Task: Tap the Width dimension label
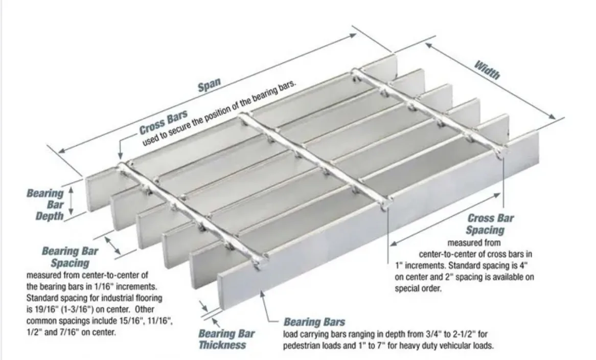tap(487, 70)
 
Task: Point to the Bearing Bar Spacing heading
tap(70, 257)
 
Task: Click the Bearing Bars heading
tap(314, 322)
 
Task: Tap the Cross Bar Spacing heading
tap(491, 224)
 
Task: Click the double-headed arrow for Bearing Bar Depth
tap(72, 200)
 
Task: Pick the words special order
tap(419, 288)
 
